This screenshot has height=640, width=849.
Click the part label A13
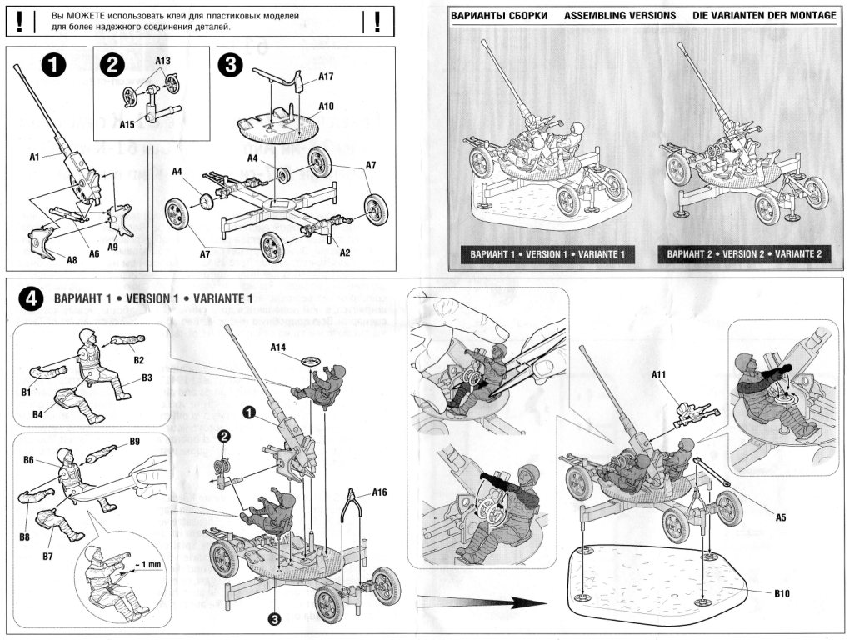click(x=162, y=62)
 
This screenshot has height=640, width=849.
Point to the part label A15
click(x=127, y=125)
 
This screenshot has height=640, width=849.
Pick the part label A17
click(x=326, y=77)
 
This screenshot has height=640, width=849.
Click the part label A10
click(x=326, y=107)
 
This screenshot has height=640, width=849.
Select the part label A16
click(x=380, y=491)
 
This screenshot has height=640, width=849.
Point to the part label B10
click(x=781, y=594)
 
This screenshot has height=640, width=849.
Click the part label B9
click(x=134, y=441)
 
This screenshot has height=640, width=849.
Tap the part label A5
click(x=781, y=517)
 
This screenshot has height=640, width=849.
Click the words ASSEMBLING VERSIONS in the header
click(x=619, y=16)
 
